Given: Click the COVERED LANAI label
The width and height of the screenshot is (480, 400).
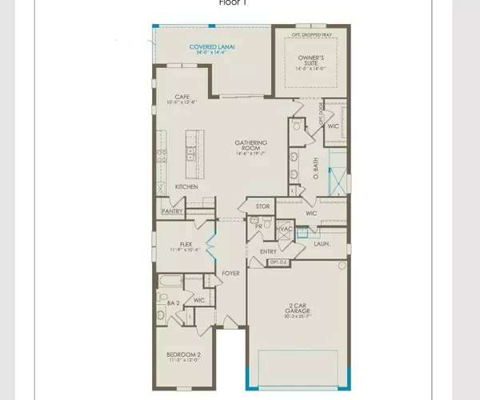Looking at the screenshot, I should (x=212, y=47).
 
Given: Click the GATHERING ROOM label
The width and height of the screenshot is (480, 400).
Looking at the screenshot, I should (x=250, y=144).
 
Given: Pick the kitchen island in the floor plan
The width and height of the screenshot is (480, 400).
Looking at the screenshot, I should (x=193, y=153).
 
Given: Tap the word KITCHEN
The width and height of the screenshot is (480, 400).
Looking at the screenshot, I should (x=186, y=187).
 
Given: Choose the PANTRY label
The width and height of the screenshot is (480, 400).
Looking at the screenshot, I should (x=173, y=211).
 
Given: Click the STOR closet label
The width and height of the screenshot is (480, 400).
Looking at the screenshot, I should (x=262, y=206).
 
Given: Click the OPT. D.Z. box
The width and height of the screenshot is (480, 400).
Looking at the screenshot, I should (x=278, y=262).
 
